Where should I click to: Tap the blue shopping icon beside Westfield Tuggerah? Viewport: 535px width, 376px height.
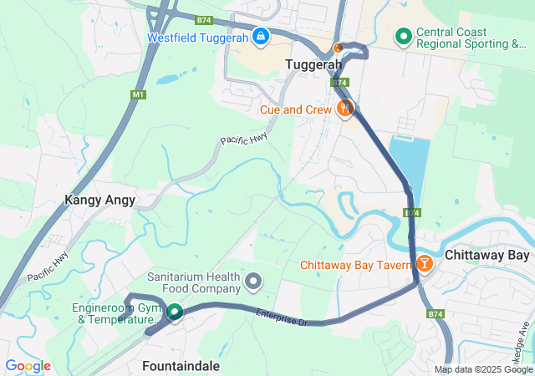tap(261, 37)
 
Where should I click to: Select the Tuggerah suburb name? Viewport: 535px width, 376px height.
tap(313, 64)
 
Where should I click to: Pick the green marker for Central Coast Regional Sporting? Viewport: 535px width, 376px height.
tap(403, 36)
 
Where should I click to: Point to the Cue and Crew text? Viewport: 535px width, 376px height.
tap(295, 109)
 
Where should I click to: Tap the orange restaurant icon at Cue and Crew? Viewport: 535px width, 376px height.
tap(344, 108)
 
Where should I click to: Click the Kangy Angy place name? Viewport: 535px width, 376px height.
tap(99, 201)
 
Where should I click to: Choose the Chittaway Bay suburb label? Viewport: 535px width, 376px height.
tap(487, 255)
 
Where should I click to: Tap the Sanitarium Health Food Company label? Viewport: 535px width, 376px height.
tap(194, 282)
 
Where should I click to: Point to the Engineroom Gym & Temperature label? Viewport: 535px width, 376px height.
tap(116, 313)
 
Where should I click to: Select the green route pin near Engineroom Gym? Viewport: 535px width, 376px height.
tap(175, 312)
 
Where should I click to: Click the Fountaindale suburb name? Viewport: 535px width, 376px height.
tap(181, 366)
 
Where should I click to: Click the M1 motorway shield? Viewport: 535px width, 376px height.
tap(138, 94)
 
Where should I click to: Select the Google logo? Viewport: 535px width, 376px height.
tap(28, 366)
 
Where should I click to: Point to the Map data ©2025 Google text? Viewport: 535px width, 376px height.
tap(483, 369)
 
